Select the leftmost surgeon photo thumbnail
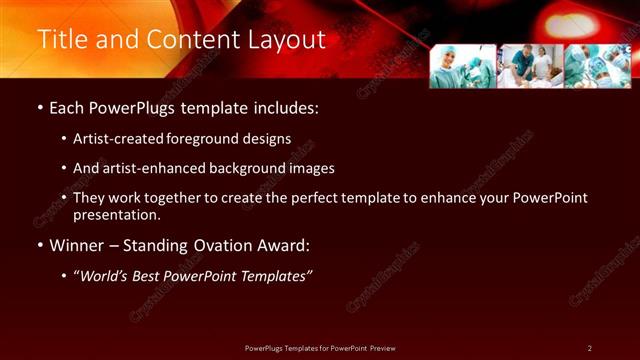tap(462, 66)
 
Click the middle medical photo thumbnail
tap(529, 66)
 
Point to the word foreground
tap(238, 139)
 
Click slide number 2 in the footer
tap(590, 348)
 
